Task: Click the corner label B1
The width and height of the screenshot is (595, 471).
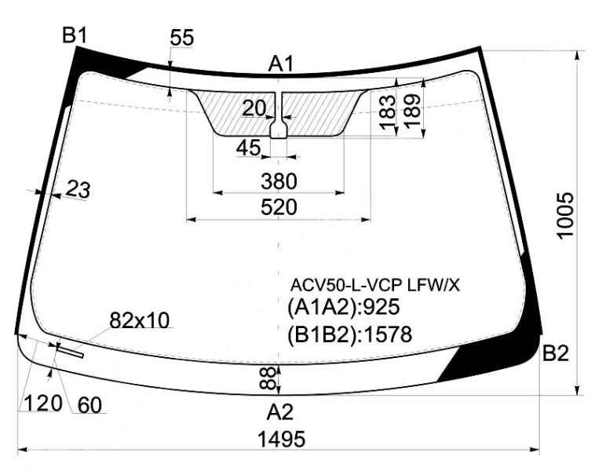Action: click(x=75, y=35)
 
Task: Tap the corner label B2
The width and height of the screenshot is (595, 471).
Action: click(x=556, y=353)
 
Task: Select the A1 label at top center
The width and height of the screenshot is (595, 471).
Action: click(x=281, y=64)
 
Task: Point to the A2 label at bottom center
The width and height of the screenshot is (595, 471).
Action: click(x=280, y=412)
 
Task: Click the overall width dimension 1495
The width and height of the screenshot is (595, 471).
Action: click(x=281, y=440)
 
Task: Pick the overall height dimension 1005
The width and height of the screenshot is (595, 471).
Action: click(x=565, y=215)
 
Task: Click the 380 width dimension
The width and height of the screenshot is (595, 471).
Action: click(x=279, y=181)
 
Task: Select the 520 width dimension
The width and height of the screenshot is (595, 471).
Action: click(x=279, y=207)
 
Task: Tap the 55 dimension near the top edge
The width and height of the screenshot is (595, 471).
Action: click(x=182, y=37)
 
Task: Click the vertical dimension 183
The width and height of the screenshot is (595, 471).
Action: click(x=388, y=112)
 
